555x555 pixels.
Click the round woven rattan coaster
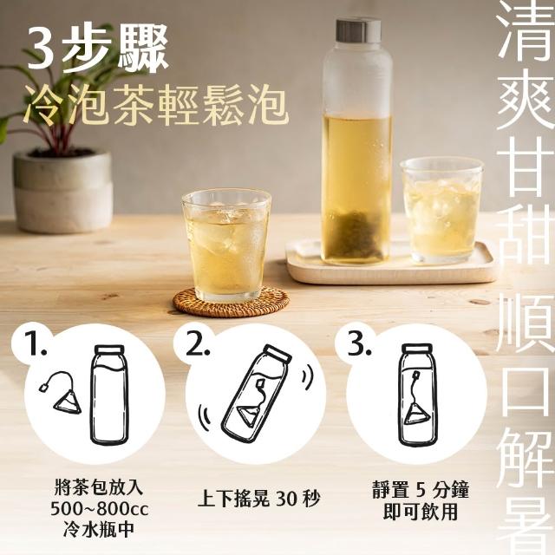(231, 303)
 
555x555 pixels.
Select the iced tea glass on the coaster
(226, 245)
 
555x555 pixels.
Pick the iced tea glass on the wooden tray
(442, 210)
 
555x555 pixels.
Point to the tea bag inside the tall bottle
(356, 233)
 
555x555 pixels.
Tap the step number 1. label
(36, 344)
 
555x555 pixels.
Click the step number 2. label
(199, 344)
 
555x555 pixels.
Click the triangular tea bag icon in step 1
(68, 402)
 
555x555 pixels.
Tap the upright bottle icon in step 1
(109, 395)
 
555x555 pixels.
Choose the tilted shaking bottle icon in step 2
(257, 394)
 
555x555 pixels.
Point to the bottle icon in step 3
(418, 395)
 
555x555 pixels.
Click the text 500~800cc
(100, 509)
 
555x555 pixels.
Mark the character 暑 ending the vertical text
(525, 521)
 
